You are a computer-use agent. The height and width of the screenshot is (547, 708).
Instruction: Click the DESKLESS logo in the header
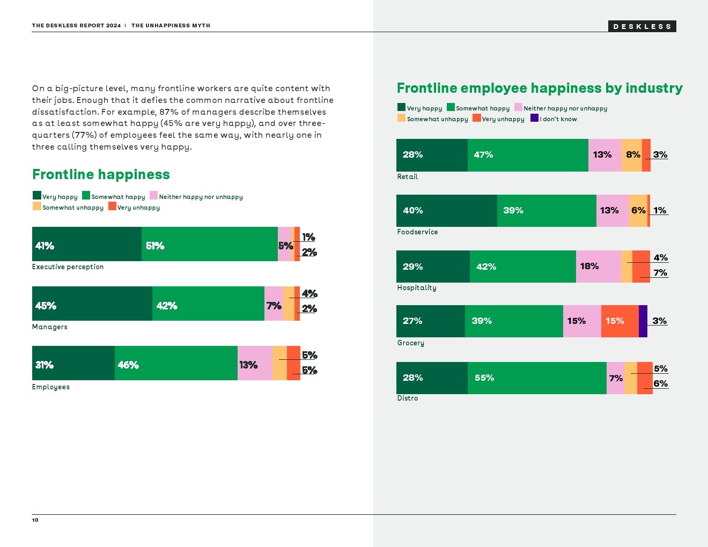[642, 26]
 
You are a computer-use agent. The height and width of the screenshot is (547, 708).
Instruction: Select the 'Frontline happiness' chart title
[101, 174]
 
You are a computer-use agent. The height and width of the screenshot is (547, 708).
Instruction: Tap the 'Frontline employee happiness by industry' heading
[540, 88]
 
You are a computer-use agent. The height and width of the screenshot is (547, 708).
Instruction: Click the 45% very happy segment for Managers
[92, 304]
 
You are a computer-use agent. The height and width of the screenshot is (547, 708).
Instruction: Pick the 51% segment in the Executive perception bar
[209, 244]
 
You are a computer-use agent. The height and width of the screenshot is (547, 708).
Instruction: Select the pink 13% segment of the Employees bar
[255, 363]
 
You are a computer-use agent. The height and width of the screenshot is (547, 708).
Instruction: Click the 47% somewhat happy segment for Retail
[528, 155]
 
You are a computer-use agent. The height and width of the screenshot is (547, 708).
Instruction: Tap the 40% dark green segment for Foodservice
[446, 211]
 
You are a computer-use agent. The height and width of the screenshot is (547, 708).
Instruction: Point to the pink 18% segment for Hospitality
[598, 267]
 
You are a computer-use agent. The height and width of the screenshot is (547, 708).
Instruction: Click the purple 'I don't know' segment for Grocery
[643, 321]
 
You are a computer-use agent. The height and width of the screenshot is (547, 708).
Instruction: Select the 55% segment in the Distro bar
[537, 378]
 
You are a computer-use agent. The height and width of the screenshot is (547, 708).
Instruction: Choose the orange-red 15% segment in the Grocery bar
[619, 321]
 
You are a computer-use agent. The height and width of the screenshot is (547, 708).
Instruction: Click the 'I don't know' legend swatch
[534, 118]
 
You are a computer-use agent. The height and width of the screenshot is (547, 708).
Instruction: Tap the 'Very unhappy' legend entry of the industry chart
[498, 119]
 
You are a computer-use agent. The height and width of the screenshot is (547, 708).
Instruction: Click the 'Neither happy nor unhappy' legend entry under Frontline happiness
[196, 197]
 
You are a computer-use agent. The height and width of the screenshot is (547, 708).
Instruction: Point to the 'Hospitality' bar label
[417, 288]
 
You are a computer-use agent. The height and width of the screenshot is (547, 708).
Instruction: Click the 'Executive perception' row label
[68, 267]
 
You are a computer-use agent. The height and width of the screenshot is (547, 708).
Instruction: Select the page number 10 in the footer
[35, 520]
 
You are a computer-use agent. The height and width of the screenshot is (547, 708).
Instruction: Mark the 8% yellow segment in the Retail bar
[632, 155]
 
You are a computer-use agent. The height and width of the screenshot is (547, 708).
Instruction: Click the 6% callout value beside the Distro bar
[661, 384]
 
